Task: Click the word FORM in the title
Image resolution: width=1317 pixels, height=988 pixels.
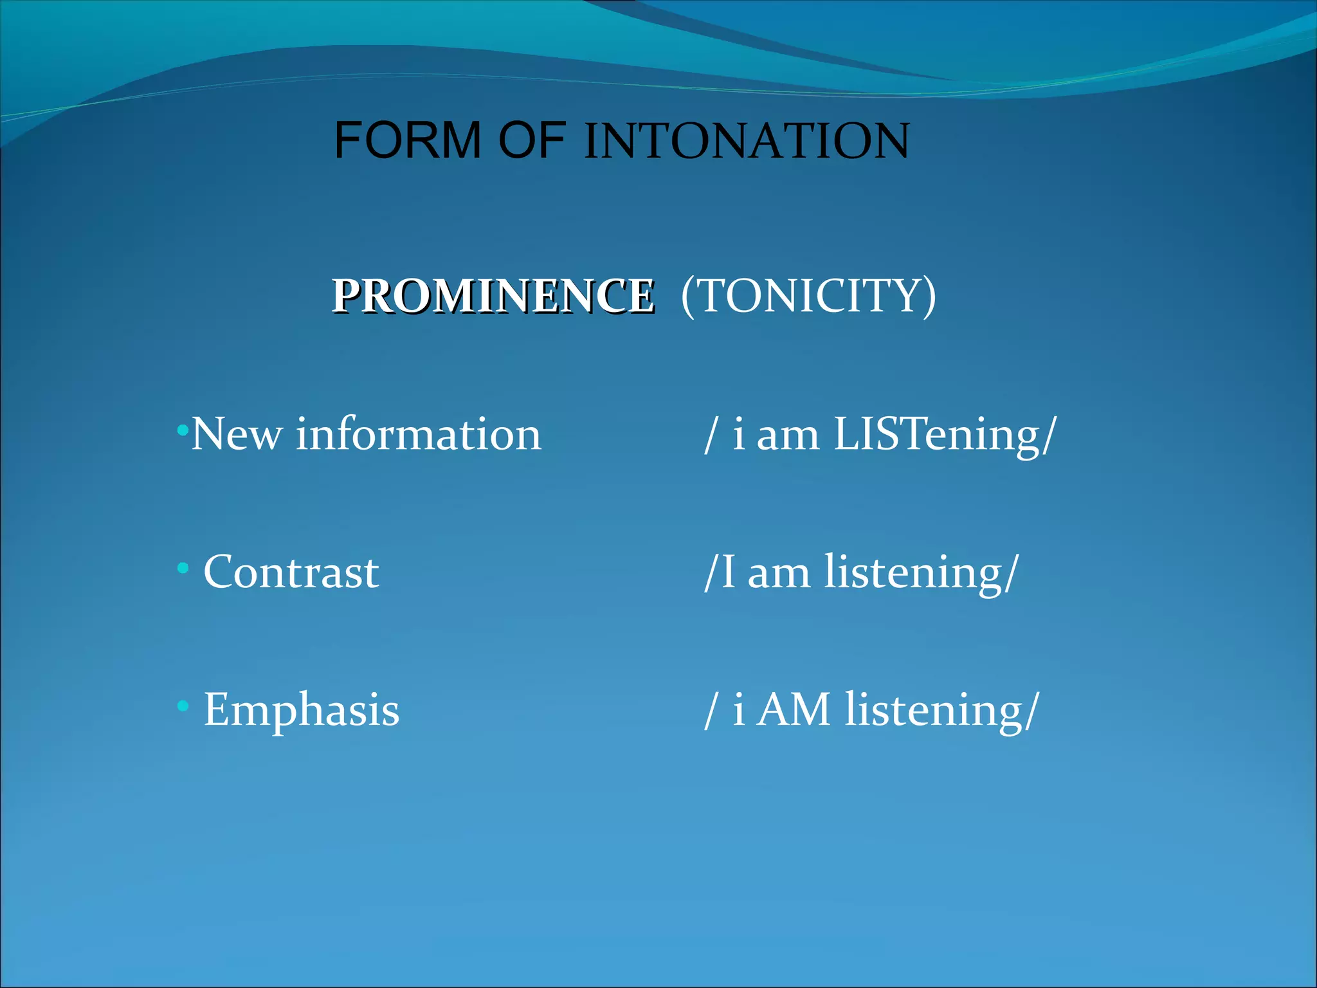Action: click(408, 140)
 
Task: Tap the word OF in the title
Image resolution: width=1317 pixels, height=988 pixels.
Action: click(532, 140)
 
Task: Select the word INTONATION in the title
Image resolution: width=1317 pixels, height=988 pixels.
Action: click(747, 142)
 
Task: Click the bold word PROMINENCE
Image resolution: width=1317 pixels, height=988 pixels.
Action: click(493, 297)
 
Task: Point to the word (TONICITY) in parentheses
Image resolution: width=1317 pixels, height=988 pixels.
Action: click(808, 296)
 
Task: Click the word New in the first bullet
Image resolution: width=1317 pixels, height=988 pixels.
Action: click(237, 434)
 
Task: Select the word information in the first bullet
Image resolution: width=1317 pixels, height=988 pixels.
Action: click(419, 434)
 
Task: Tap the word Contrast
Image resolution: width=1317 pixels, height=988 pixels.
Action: click(291, 572)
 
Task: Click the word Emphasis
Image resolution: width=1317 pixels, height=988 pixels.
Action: click(302, 709)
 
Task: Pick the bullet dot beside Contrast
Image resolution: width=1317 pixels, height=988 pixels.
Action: click(183, 569)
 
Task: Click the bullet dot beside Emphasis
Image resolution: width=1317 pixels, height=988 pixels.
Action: click(183, 706)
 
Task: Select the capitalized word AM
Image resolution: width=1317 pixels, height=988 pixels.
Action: click(794, 709)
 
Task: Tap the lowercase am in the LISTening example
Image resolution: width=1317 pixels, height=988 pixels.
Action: click(788, 435)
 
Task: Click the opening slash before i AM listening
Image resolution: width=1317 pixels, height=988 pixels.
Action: click(710, 710)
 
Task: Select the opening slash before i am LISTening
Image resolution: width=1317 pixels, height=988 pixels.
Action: click(710, 435)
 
